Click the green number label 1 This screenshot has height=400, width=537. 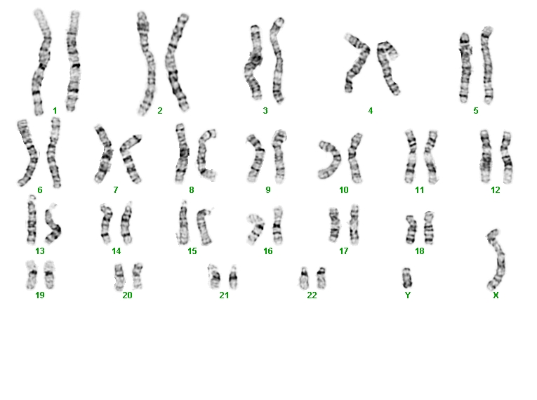(x=55, y=111)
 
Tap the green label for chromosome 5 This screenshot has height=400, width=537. (x=476, y=111)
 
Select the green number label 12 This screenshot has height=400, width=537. (x=495, y=189)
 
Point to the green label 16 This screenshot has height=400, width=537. (x=268, y=251)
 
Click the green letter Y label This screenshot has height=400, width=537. (x=408, y=295)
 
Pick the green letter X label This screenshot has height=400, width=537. (x=496, y=295)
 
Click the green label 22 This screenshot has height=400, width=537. (x=312, y=295)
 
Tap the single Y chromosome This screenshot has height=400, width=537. (x=406, y=278)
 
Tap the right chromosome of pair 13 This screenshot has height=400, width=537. (x=54, y=226)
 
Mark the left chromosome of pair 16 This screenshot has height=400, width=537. (x=257, y=228)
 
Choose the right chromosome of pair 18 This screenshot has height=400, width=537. (x=429, y=228)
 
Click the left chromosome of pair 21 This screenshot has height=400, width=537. (x=215, y=276)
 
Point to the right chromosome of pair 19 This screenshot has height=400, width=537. (x=49, y=274)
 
